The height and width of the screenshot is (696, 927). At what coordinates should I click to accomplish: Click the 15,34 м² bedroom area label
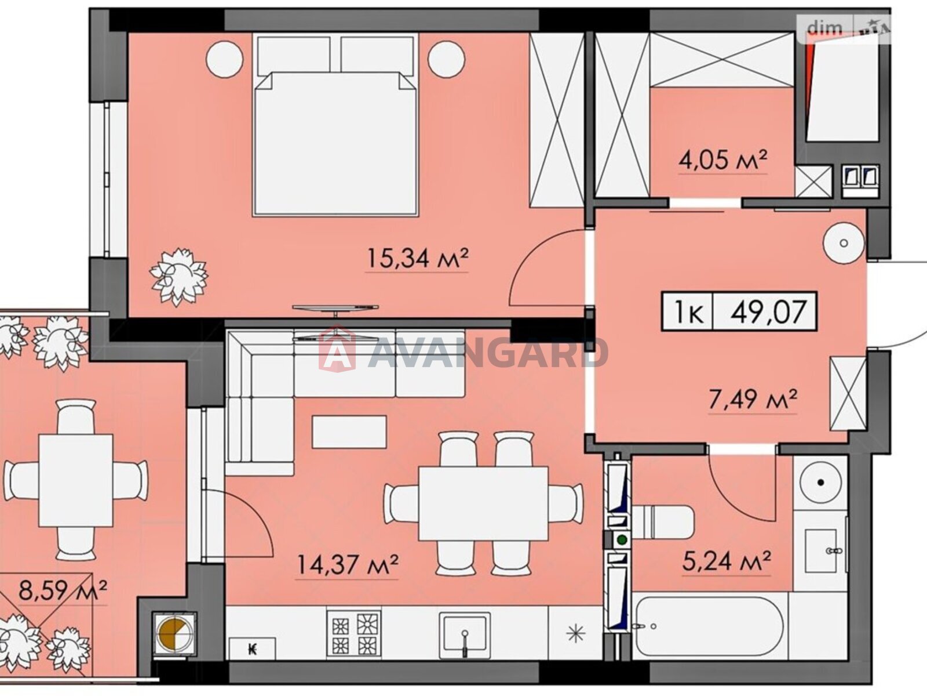click(x=418, y=258)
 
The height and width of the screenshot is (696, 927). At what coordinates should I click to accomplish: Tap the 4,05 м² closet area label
click(x=723, y=161)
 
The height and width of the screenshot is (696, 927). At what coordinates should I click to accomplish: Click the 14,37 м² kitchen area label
click(x=348, y=565)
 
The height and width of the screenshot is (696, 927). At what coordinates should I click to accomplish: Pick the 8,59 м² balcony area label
click(x=63, y=591)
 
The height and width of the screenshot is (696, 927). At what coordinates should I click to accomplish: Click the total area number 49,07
click(x=769, y=311)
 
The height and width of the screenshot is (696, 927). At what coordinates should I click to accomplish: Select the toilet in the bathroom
click(x=663, y=522)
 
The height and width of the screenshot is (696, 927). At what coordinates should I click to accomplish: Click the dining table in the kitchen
click(x=483, y=503)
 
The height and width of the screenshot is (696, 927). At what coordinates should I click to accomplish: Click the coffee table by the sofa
click(x=349, y=432)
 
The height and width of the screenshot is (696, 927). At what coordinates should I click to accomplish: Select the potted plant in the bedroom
click(x=178, y=277)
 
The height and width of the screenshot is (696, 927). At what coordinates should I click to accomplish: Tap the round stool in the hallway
click(x=844, y=243)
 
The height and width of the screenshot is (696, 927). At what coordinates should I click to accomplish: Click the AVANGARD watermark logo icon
click(x=337, y=349)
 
